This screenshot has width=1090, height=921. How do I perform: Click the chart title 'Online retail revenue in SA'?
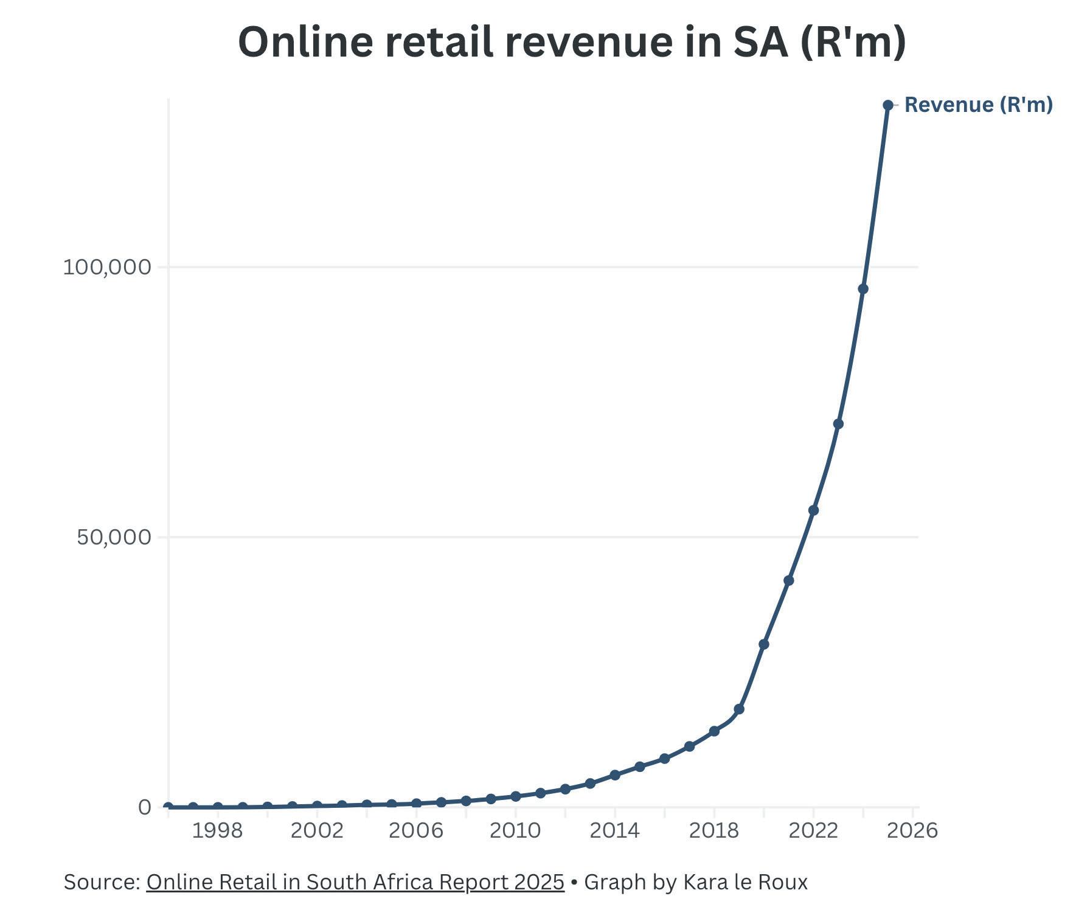pos(572,43)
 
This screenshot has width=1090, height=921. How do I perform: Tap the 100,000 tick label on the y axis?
pos(106,267)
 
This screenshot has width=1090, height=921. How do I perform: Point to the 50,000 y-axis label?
pos(114,537)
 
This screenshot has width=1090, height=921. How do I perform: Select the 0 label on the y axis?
pos(145,807)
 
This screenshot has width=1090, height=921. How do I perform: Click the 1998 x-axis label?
pos(217,830)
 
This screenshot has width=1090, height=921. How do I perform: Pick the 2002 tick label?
pos(316,830)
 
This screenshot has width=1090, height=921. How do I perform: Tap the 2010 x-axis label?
pos(515,830)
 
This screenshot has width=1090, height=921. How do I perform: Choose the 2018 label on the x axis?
pos(714,830)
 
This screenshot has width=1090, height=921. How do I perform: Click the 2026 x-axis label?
pos(912,830)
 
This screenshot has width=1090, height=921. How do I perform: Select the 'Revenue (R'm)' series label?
pos(978,105)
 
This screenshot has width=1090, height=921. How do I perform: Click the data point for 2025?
pos(887,105)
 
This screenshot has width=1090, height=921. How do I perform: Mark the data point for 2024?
pos(863,289)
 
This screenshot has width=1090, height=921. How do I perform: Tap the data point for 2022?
pos(813,510)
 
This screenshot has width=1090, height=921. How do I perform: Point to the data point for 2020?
pos(764,644)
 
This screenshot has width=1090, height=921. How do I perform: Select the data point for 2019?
pos(739,709)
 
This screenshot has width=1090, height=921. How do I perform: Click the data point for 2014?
pos(615,775)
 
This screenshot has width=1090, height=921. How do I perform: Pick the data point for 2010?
pos(516,796)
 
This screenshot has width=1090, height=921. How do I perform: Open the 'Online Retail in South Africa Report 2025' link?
pos(355,882)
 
